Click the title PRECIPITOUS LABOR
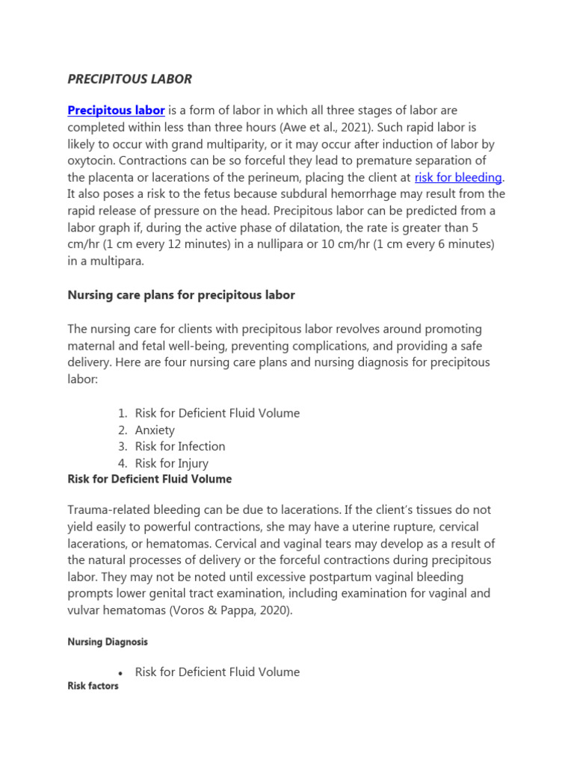point(130,78)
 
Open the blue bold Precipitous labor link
point(116,111)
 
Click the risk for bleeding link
point(458,177)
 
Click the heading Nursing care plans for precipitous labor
point(181,295)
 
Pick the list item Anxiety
point(155,430)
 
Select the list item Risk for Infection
point(179,446)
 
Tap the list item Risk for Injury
point(171,463)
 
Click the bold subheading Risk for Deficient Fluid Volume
point(149,479)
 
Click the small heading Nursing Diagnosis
point(108,642)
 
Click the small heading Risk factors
point(93,686)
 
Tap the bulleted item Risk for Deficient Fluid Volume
point(217,672)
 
